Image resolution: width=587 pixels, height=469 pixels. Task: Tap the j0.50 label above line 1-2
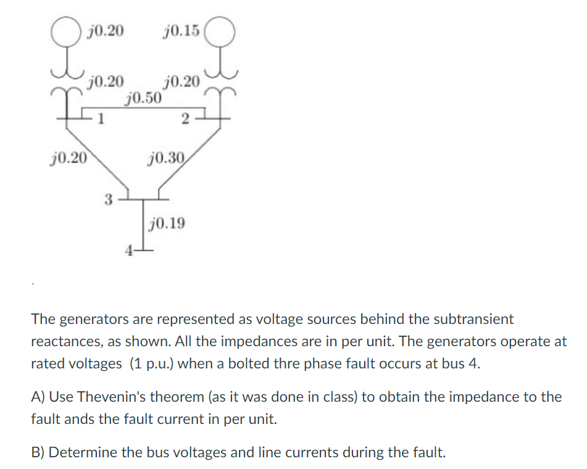pos(144,98)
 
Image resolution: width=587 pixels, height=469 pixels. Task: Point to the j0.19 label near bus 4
pos(167,223)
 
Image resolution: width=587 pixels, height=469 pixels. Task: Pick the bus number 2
pos(186,120)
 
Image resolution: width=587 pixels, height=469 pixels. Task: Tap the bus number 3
pos(107,199)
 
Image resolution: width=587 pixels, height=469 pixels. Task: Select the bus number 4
pos(128,251)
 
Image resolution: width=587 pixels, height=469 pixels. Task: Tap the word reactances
pos(64,341)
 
